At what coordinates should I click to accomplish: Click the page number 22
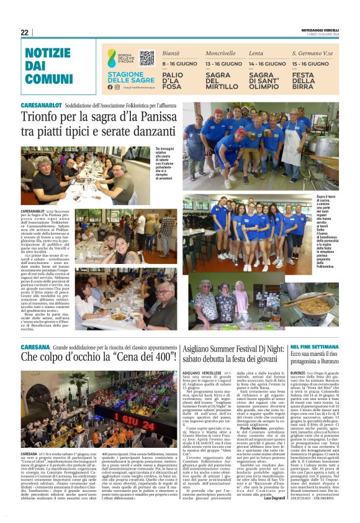point(25,32)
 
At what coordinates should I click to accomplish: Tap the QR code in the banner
point(146,58)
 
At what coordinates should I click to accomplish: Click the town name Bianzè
point(171,54)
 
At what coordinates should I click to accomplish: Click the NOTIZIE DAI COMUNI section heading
point(48,66)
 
